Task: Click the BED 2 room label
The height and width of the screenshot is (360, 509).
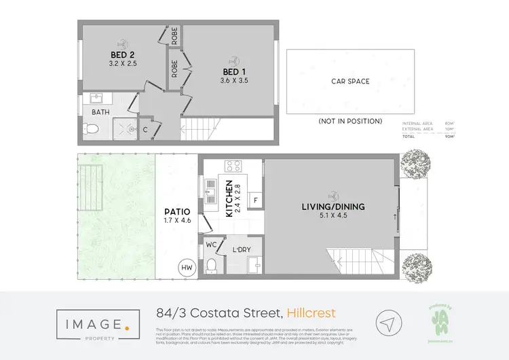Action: pos(122,55)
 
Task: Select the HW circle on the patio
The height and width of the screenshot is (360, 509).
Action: pos(185,268)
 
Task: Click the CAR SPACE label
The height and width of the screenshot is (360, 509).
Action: pos(350,82)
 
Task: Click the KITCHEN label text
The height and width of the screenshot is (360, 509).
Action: pos(229,199)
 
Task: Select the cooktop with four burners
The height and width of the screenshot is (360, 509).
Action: pos(233,166)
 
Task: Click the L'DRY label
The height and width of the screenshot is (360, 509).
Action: pos(241,249)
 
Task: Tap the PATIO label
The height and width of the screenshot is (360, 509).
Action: pos(174,211)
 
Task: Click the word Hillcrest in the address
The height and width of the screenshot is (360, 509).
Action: pos(311,312)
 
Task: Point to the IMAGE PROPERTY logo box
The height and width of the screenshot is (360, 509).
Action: pos(91,323)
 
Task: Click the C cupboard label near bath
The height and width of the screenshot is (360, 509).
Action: pos(145,129)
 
